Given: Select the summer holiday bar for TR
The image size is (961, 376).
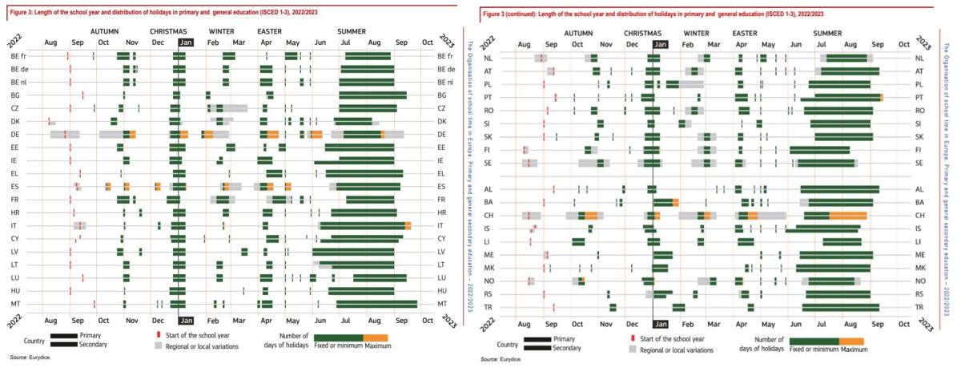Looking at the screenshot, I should pos(840,330).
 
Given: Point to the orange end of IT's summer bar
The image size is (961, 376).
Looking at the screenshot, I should pos(408,225).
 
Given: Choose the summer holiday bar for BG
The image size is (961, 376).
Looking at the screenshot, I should pos(372,95).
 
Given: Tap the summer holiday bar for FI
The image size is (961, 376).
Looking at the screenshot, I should pos(819,149).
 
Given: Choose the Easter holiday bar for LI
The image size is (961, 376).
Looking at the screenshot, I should pos(746,241).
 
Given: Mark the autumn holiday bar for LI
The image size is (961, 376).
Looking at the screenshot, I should pos(578,241).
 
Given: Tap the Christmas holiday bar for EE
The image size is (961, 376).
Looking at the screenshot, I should pos(179,147).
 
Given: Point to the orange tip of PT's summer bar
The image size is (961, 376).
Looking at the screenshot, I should pos(881,97).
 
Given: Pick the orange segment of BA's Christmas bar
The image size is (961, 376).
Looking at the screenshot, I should pos(676,202).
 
